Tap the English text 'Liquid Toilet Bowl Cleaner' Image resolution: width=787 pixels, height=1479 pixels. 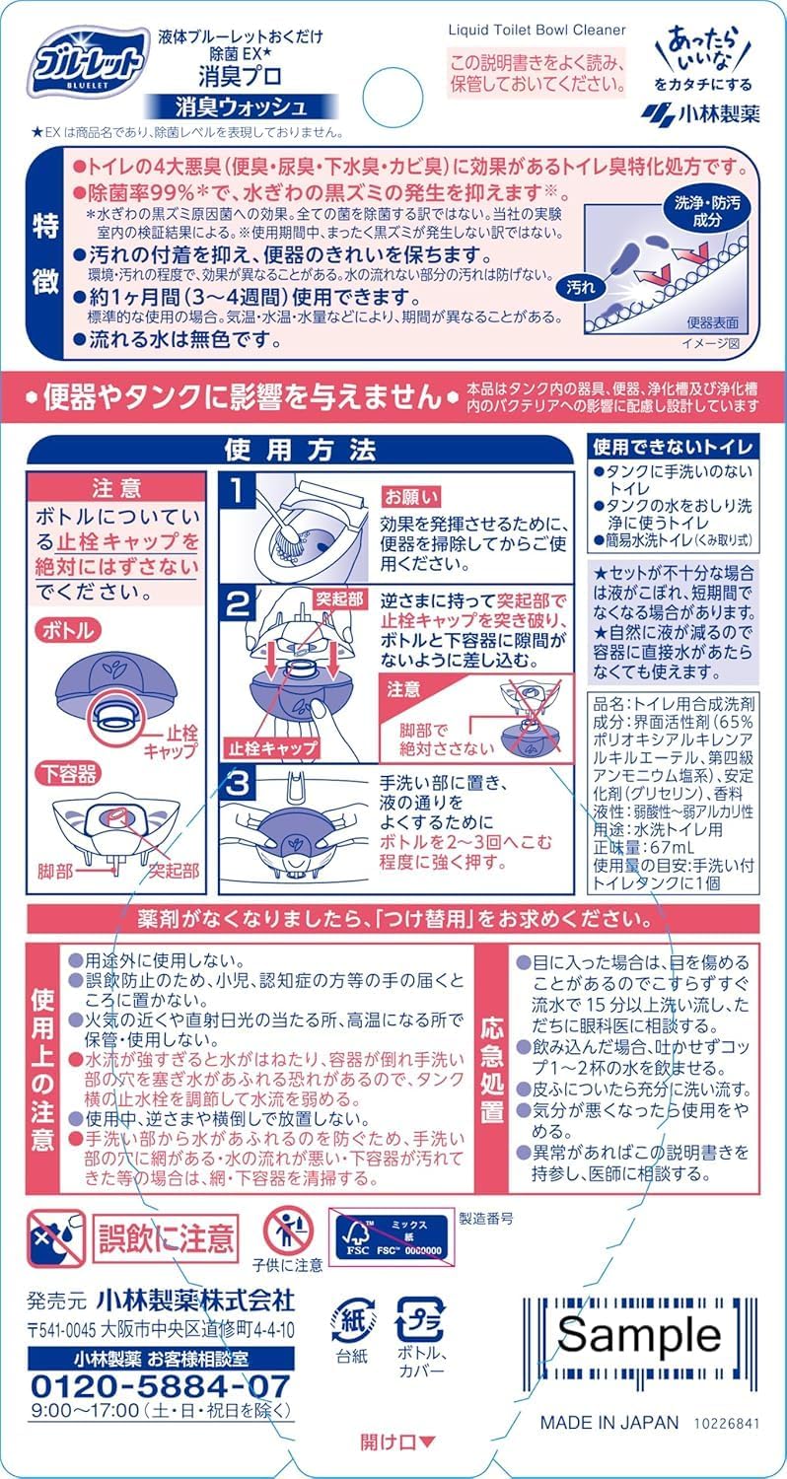[x=537, y=30]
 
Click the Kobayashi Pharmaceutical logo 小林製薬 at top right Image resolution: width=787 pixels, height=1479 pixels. [x=700, y=114]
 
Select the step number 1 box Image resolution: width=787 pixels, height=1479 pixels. [x=237, y=492]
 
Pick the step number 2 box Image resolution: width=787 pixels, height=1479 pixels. [x=237, y=602]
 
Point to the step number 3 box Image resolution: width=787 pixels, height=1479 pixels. [x=237, y=784]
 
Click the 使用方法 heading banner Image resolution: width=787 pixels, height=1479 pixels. [x=301, y=451]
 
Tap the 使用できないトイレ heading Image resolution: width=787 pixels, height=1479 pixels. [x=673, y=447]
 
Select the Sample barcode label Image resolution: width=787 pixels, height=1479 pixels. [x=639, y=1334]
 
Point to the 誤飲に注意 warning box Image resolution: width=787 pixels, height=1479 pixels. [x=165, y=1238]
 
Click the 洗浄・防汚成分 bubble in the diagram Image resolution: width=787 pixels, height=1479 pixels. [x=707, y=211]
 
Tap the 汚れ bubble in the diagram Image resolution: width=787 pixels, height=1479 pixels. [x=581, y=287]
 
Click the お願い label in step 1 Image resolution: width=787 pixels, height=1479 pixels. [x=411, y=497]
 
